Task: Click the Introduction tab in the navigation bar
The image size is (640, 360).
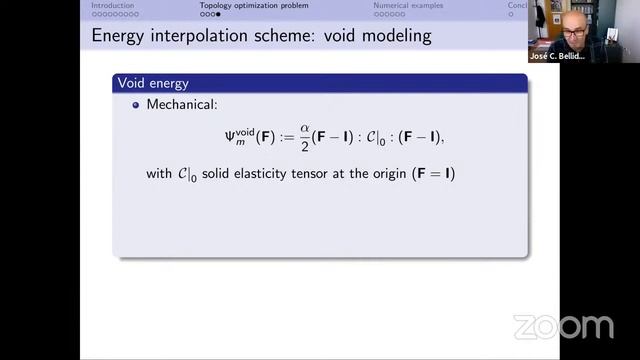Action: pos(113,5)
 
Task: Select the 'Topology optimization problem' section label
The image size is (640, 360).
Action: pos(254,5)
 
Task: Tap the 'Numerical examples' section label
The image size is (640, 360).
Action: pos(405,5)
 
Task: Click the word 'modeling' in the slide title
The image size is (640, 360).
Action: pos(397,37)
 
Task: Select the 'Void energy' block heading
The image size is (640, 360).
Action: pos(153,83)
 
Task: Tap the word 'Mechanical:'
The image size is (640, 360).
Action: pos(183,104)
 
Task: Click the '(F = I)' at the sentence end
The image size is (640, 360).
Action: pos(432,174)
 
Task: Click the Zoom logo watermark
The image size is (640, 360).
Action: pos(563,326)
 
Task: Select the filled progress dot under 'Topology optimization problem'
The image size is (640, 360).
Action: pos(218,14)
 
